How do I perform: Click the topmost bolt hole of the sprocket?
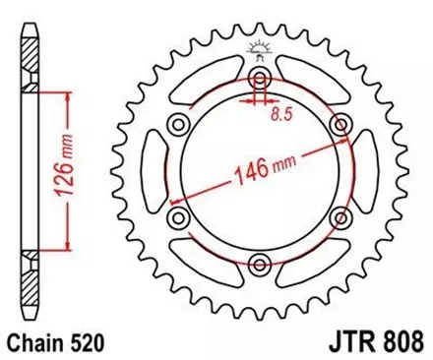(260, 79)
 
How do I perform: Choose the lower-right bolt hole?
(340, 217)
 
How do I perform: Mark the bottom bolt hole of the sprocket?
(260, 263)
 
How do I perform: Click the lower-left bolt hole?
(179, 217)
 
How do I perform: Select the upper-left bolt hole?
(179, 125)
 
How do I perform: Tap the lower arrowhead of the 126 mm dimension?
(68, 246)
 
